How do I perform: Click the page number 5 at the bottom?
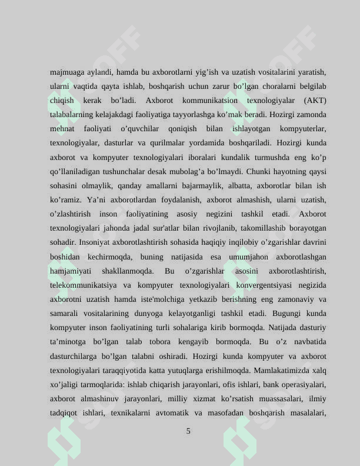(188, 431)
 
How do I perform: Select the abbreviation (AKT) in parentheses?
(315, 101)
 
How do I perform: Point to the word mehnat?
(62, 129)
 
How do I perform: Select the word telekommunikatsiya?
(82, 285)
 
